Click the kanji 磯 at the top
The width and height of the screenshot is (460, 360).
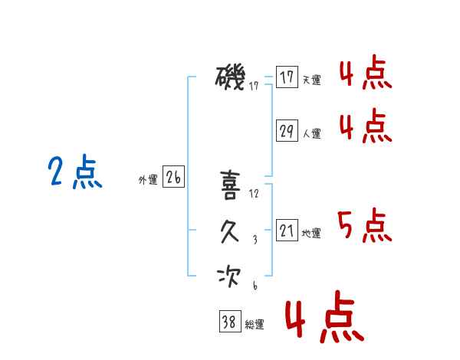(231, 78)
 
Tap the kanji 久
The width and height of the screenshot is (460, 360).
(230, 231)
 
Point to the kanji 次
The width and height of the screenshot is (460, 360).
(230, 277)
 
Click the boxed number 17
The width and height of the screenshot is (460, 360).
(287, 77)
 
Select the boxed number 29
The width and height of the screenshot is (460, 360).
(287, 131)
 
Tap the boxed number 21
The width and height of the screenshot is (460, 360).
(287, 231)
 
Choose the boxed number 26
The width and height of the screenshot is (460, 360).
(173, 178)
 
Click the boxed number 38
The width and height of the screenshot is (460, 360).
(228, 322)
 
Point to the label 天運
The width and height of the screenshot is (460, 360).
(311, 80)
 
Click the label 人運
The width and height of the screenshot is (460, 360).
(311, 133)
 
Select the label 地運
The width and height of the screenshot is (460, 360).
(311, 233)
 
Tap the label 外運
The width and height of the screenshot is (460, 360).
(148, 180)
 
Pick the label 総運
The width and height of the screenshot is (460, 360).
(254, 325)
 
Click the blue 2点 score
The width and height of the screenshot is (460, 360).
(75, 172)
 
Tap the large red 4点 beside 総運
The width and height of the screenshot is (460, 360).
(323, 319)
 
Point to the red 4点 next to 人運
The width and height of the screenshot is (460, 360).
(365, 126)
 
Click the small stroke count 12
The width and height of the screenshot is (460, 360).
(255, 194)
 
